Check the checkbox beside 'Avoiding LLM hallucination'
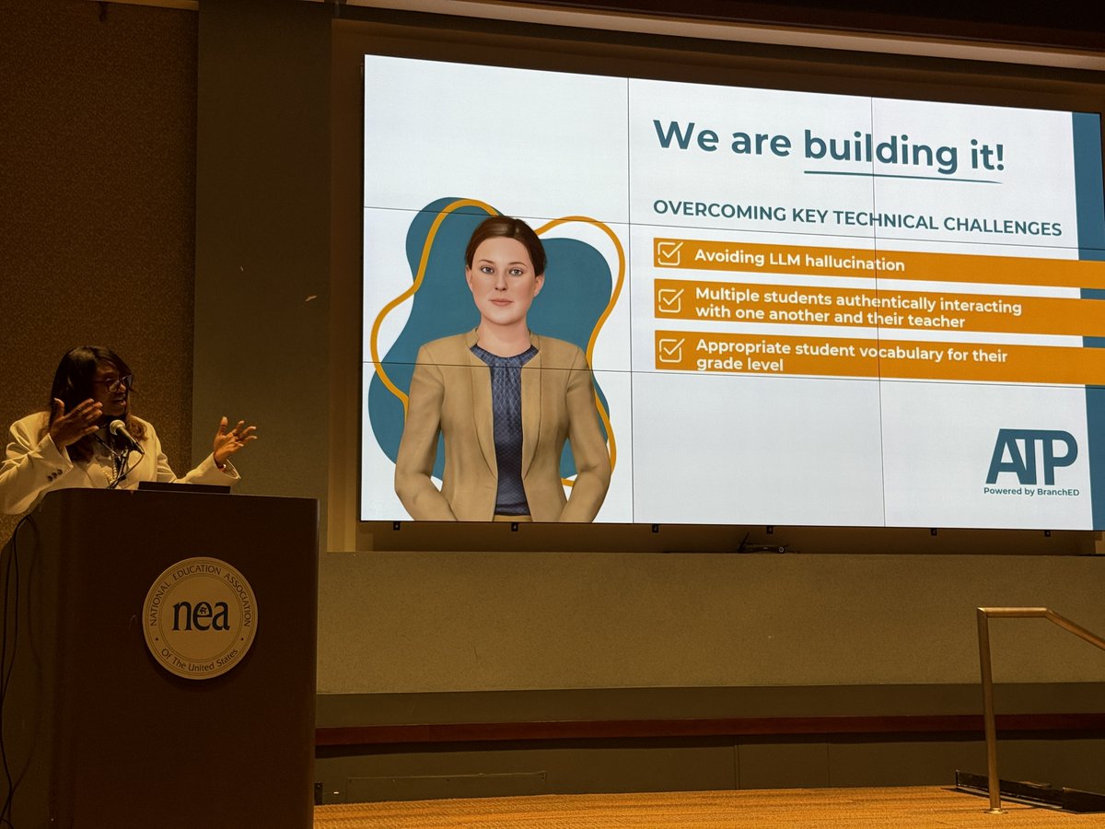[x=669, y=253]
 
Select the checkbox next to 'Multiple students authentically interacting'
[x=670, y=300]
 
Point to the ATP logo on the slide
[x=1030, y=457]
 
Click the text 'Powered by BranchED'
[x=1030, y=491]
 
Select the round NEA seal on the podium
[x=200, y=617]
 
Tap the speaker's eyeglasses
[x=114, y=381]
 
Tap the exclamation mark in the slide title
[x=998, y=154]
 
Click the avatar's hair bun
[x=506, y=230]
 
